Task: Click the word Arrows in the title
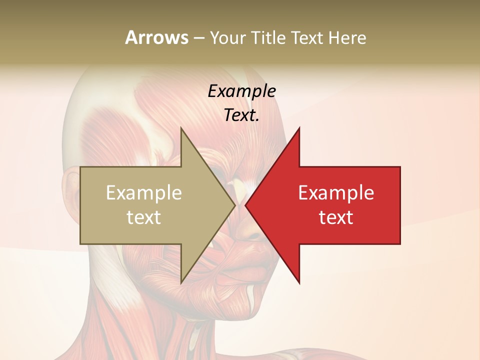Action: (x=156, y=37)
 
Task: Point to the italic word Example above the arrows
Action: (x=242, y=91)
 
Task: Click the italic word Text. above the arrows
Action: (x=242, y=115)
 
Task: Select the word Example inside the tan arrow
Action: (x=144, y=192)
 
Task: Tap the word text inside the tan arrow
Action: (x=144, y=217)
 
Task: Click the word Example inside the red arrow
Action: (x=336, y=192)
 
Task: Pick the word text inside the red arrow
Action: (x=336, y=217)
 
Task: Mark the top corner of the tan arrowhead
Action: (x=181, y=128)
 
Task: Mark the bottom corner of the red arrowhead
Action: (x=299, y=283)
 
